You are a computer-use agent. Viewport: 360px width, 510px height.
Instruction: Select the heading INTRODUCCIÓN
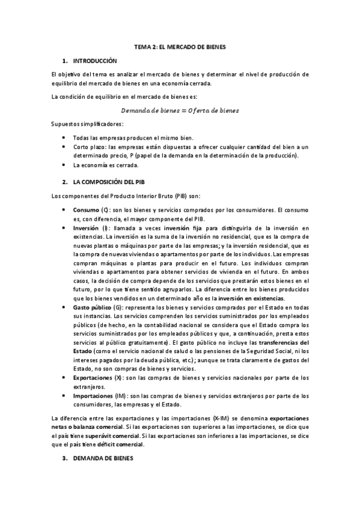[x=95, y=61]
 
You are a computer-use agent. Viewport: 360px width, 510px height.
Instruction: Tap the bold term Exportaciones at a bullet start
[x=92, y=378]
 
